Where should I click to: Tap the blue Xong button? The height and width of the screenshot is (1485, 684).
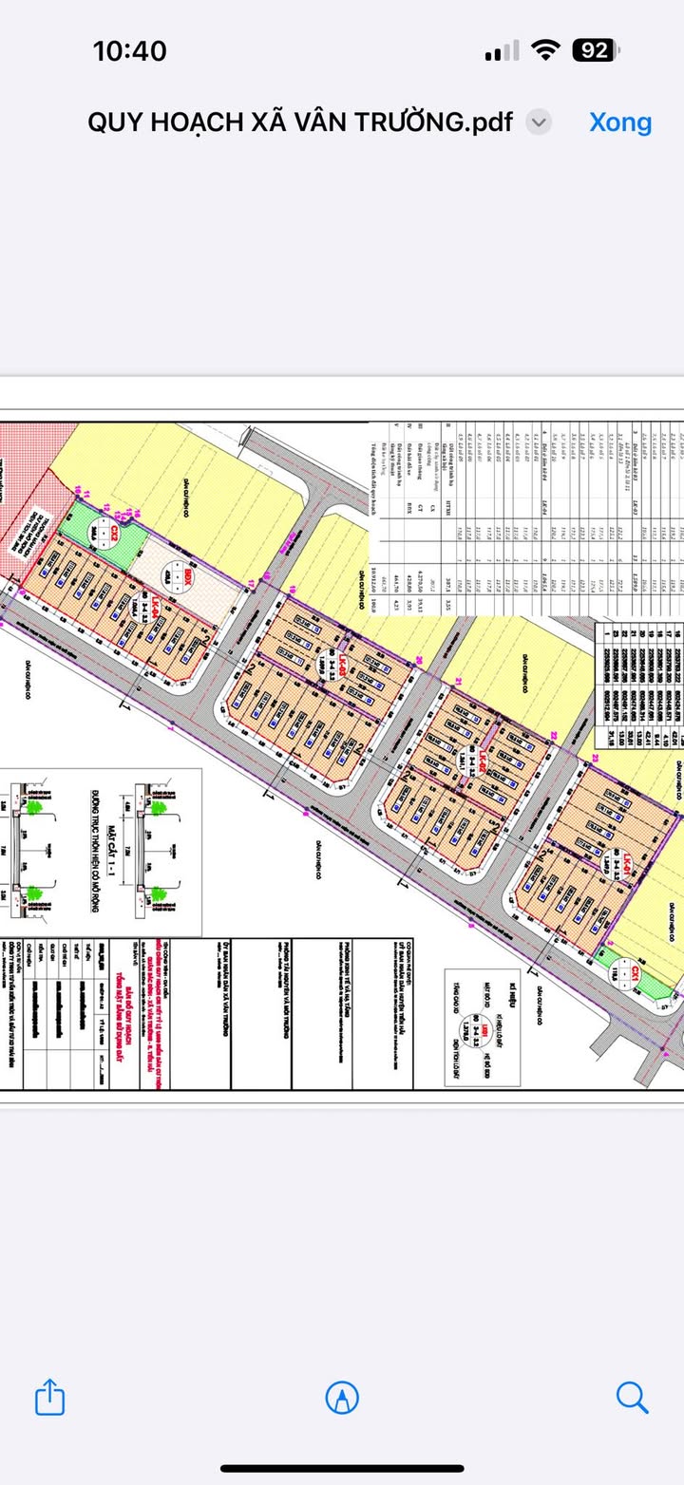(620, 122)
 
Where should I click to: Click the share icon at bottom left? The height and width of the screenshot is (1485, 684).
(50, 1397)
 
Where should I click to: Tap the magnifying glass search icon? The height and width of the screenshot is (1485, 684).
(632, 1397)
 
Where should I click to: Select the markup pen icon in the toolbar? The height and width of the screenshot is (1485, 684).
(342, 1397)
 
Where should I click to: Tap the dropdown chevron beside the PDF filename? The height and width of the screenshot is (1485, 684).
(539, 122)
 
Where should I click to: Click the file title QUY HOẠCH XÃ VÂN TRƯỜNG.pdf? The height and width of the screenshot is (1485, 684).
(299, 122)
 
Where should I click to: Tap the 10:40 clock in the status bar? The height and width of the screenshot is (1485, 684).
(129, 50)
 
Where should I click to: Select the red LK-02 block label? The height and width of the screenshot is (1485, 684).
(482, 761)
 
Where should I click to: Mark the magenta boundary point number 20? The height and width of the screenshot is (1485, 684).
(418, 662)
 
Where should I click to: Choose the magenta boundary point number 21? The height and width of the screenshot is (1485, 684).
(458, 683)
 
